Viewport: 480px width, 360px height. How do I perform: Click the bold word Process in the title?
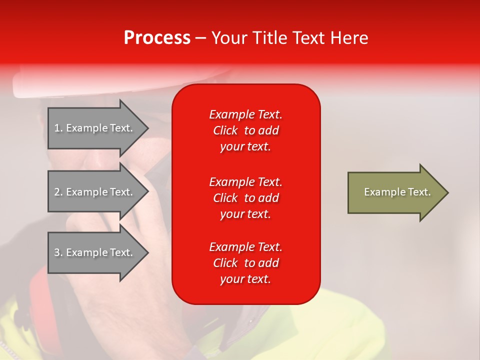click(157, 38)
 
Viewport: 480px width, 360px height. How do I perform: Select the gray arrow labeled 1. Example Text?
click(95, 128)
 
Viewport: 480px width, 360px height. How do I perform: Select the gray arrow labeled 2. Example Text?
click(95, 192)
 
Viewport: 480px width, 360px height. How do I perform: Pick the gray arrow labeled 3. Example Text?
click(95, 252)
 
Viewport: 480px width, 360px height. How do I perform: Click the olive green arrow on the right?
click(395, 192)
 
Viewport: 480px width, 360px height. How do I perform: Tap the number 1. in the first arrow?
click(58, 128)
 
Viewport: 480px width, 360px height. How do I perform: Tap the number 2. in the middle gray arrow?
click(58, 192)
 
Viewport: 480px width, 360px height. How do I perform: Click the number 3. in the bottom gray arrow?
click(58, 252)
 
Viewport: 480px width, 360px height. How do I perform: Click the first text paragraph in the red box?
click(245, 130)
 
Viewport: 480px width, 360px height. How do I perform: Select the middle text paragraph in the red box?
click(245, 198)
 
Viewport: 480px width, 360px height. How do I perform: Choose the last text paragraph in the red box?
click(245, 263)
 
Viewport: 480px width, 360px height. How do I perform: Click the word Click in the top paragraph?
click(225, 131)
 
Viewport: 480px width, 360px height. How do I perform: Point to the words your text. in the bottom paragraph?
click(245, 279)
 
